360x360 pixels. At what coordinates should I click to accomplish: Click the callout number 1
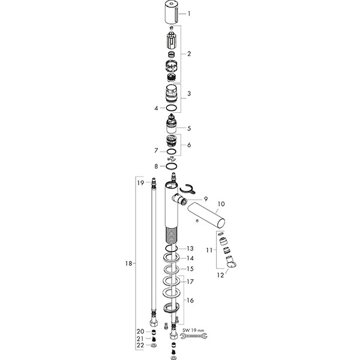point(189,14)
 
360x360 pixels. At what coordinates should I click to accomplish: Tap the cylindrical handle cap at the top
point(171,12)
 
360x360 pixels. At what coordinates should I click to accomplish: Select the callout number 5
point(189,128)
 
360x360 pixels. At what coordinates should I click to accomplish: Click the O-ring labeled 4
point(171,107)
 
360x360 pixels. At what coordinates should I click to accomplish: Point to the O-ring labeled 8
point(171,166)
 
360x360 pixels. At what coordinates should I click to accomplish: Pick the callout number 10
point(221,204)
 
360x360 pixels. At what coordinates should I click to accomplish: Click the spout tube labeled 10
point(206,215)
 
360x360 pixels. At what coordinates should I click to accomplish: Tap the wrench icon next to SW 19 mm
point(194,336)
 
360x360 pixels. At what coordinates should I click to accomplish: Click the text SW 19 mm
point(193,331)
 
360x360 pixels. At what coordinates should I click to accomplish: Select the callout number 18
point(128,263)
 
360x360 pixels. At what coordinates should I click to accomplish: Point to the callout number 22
point(140,346)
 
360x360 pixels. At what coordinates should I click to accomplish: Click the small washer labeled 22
point(154,346)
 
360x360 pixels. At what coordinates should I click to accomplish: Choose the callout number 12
point(220,275)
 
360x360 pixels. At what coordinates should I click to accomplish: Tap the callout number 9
point(206,199)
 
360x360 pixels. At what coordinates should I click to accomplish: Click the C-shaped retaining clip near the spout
point(187,189)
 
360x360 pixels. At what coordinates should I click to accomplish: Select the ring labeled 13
point(171,248)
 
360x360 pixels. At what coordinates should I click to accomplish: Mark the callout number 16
point(190,301)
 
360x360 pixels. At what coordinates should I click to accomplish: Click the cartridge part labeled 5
point(171,124)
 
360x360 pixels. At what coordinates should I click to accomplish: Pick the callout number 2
point(189,54)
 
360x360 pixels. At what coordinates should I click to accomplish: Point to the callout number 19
point(140,183)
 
